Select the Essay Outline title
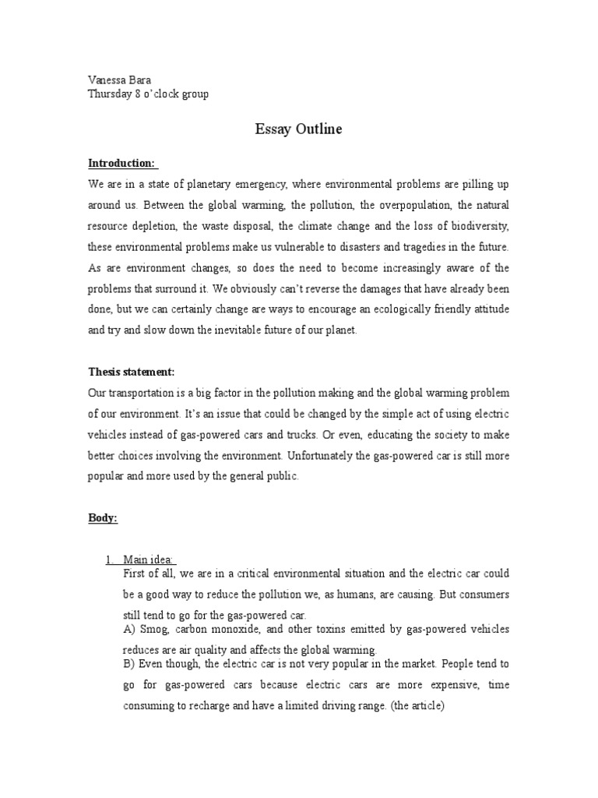pos(298,129)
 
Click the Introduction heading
pos(121,163)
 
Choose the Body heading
pos(103,518)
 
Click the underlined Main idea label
pos(149,558)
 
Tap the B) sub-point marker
pos(130,664)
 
